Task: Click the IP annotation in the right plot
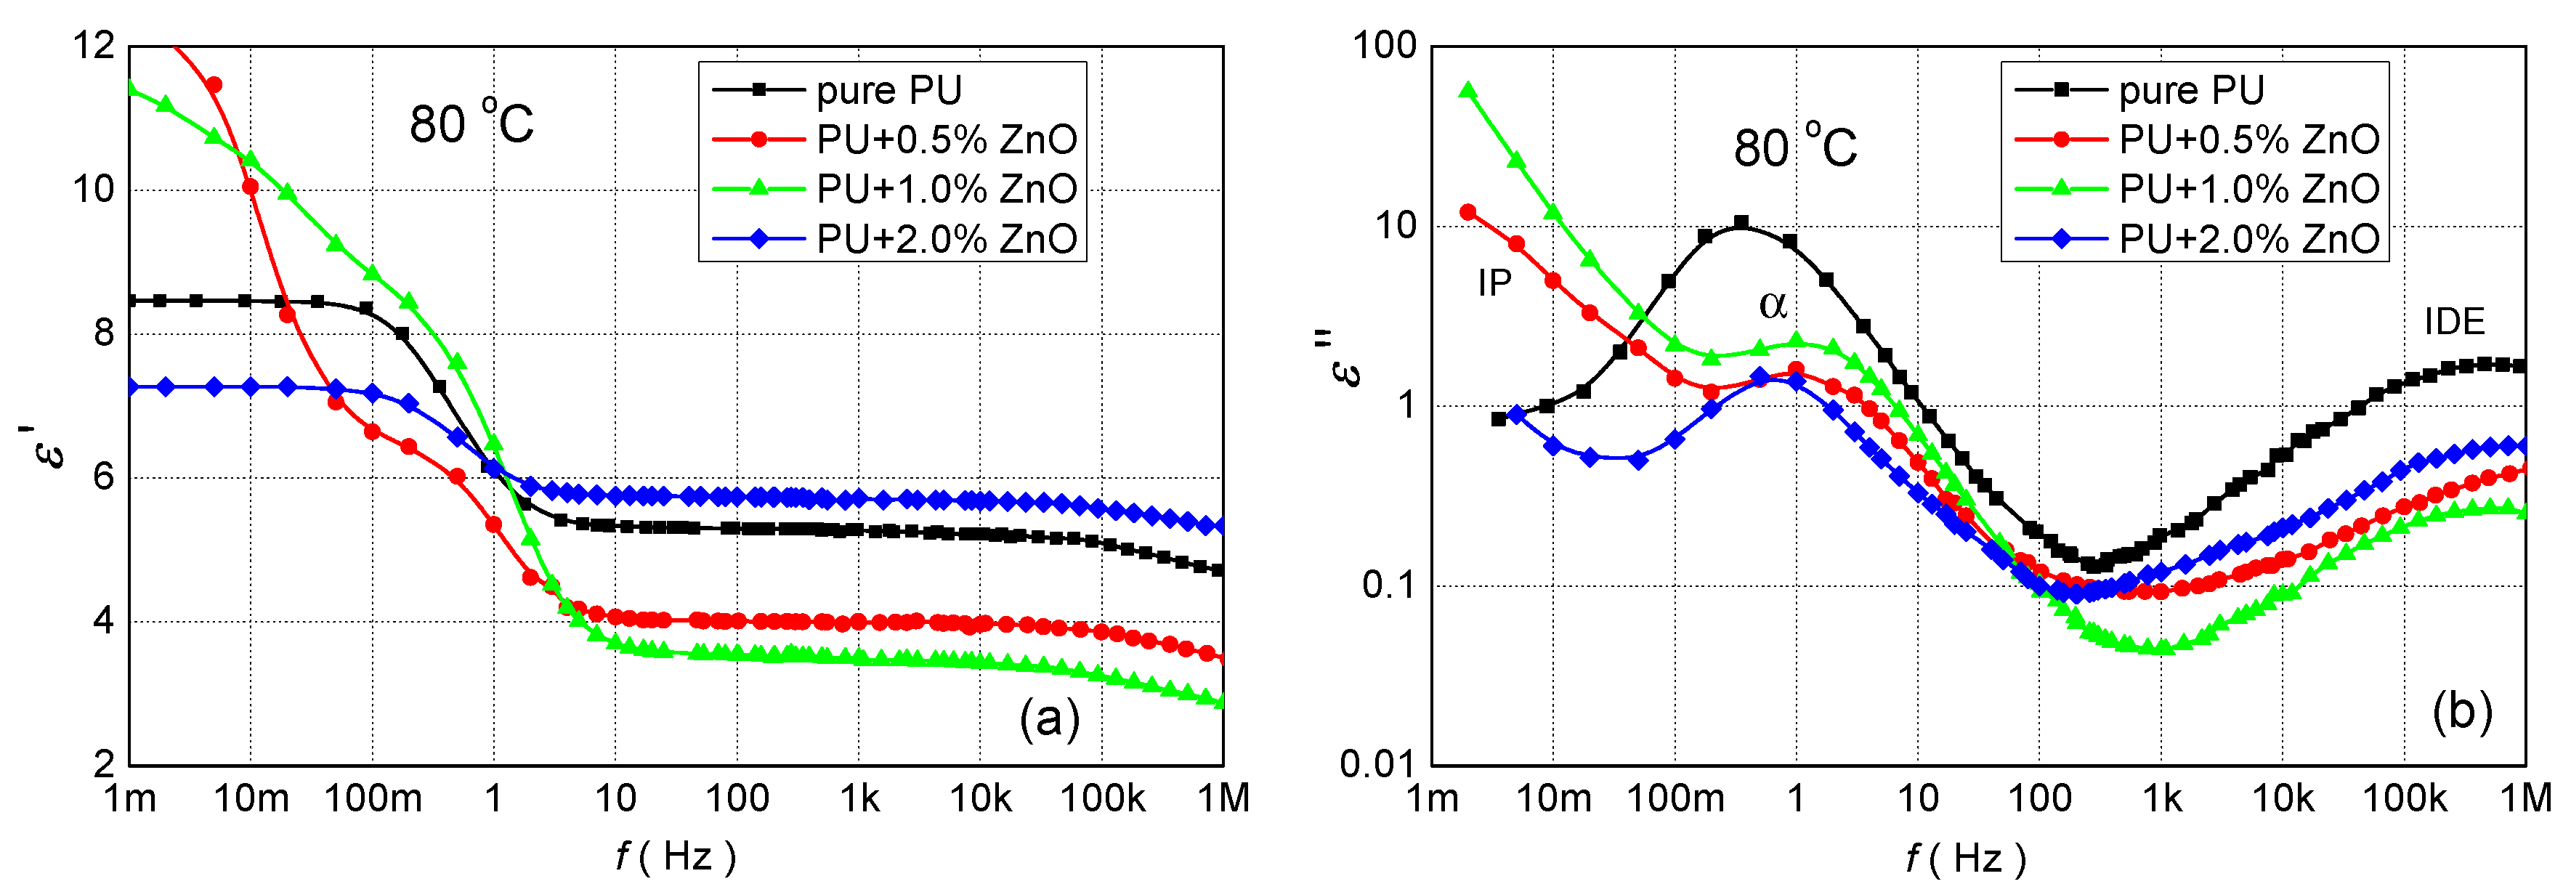[1494, 284]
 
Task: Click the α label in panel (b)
[1772, 304]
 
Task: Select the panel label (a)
[1049, 718]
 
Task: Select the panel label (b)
[2462, 713]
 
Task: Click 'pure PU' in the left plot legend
[888, 91]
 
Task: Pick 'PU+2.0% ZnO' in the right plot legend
[2248, 240]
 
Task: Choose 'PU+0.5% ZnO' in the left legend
[946, 139]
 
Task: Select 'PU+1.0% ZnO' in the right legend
[2248, 190]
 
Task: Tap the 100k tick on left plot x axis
[1102, 799]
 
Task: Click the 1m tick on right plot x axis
[1432, 799]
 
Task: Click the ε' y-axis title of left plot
[48, 446]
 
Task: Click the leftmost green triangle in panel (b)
[1468, 91]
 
